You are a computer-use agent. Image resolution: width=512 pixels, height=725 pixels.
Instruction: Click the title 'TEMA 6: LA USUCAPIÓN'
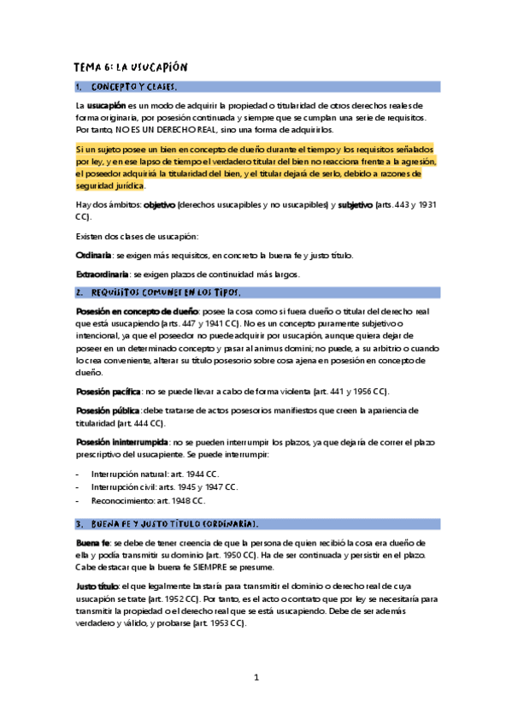click(x=131, y=68)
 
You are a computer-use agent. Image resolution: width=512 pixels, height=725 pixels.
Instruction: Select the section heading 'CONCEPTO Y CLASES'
click(x=134, y=87)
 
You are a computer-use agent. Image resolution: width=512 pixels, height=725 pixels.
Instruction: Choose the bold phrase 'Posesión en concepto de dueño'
click(x=137, y=311)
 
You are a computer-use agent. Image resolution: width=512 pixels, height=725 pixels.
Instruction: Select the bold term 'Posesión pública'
click(x=109, y=410)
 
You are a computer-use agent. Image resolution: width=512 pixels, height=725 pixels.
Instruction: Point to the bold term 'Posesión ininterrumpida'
click(x=122, y=442)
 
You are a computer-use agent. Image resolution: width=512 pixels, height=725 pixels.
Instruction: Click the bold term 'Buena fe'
click(x=92, y=543)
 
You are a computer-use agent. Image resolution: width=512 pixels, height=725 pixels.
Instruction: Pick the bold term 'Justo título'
click(x=97, y=587)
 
